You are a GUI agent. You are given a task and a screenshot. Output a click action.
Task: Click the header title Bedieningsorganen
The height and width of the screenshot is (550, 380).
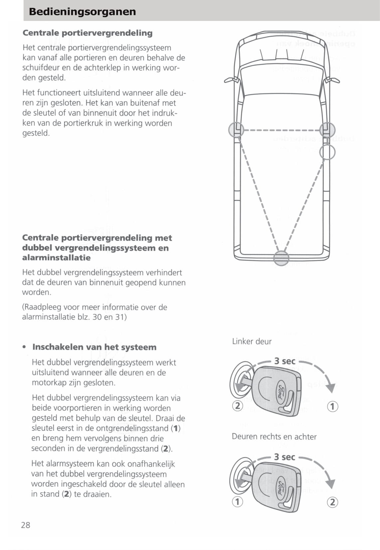[x=82, y=12]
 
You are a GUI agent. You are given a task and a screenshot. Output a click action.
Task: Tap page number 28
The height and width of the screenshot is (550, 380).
[x=26, y=525]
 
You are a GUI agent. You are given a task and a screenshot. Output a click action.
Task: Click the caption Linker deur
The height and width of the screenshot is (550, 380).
[x=252, y=342]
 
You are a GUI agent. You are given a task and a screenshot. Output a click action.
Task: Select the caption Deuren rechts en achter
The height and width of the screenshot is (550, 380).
[x=274, y=437]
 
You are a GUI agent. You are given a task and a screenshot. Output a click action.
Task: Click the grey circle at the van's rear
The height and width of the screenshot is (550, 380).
[x=281, y=258]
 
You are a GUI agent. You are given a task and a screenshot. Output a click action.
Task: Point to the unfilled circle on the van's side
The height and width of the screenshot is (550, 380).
[x=327, y=152]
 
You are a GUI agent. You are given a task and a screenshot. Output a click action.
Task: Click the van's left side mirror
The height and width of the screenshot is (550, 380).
[x=230, y=80]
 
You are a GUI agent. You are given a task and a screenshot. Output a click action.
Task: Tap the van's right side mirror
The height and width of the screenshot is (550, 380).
[x=333, y=80]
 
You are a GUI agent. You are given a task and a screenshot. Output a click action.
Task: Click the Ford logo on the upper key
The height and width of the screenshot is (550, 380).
[x=281, y=390]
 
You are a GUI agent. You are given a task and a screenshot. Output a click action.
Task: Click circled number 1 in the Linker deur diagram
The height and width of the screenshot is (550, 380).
[x=332, y=406]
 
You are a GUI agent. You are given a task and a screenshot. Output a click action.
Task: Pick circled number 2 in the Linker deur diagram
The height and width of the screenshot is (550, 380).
[x=237, y=406]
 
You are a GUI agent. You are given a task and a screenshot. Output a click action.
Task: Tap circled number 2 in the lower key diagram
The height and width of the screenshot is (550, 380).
[x=332, y=502]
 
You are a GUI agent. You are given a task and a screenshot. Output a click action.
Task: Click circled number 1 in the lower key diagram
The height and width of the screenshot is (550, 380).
[x=237, y=501]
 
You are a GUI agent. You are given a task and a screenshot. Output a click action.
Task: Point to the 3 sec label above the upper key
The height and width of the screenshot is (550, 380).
[x=285, y=361]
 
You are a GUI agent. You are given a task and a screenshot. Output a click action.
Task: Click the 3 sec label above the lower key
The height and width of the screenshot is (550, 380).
[x=285, y=457]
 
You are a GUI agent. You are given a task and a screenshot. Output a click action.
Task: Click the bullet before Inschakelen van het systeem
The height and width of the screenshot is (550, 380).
[x=24, y=347]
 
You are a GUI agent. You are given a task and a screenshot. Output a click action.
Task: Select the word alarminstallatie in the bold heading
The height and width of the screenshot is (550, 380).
[x=56, y=258]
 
